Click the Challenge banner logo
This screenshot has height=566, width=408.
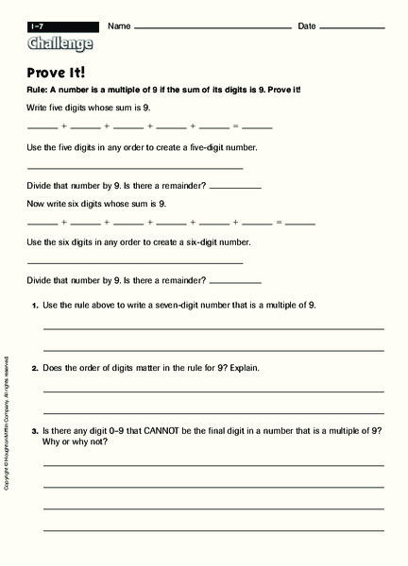[61, 43]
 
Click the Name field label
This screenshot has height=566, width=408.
[119, 26]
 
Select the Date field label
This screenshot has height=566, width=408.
[307, 26]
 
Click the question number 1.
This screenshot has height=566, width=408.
[35, 306]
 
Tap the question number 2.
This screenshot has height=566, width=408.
[35, 367]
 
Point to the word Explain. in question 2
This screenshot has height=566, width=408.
[242, 367]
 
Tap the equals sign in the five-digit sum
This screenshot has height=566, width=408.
[236, 125]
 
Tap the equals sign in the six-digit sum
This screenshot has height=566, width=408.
[280, 223]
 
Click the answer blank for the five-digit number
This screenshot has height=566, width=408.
[135, 168]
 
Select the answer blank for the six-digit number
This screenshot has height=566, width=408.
[135, 262]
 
